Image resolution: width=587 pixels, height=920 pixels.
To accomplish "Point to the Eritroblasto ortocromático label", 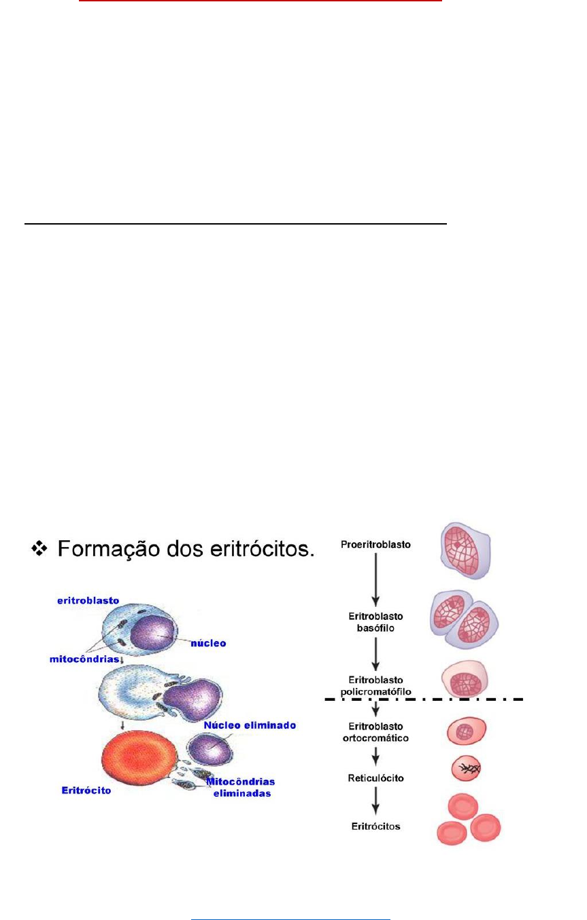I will tap(376, 732).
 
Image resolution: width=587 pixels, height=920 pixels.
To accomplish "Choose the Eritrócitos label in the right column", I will tap(376, 826).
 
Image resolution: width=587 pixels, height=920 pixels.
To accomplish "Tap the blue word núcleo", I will tap(208, 642).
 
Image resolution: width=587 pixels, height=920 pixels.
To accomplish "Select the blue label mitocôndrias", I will tap(81, 659).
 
